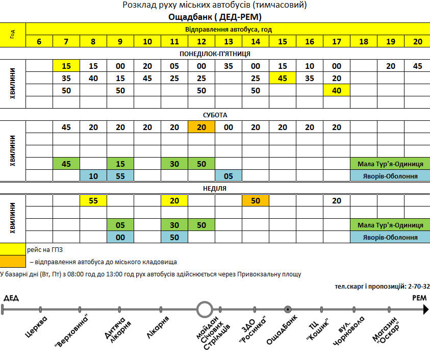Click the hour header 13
229,42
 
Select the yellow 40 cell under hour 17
337,91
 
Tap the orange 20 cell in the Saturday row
201,127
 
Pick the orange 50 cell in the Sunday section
256,200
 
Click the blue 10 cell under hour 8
93,176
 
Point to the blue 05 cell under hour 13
229,176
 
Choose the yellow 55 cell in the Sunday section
93,200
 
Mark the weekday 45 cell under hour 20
418,66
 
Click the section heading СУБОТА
215,115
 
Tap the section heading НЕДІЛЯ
215,188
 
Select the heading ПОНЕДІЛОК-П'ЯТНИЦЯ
215,54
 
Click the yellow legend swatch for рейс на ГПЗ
13,249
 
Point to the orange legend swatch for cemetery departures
13,262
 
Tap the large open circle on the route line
205,308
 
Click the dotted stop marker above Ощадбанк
288,308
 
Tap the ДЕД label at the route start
11,297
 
